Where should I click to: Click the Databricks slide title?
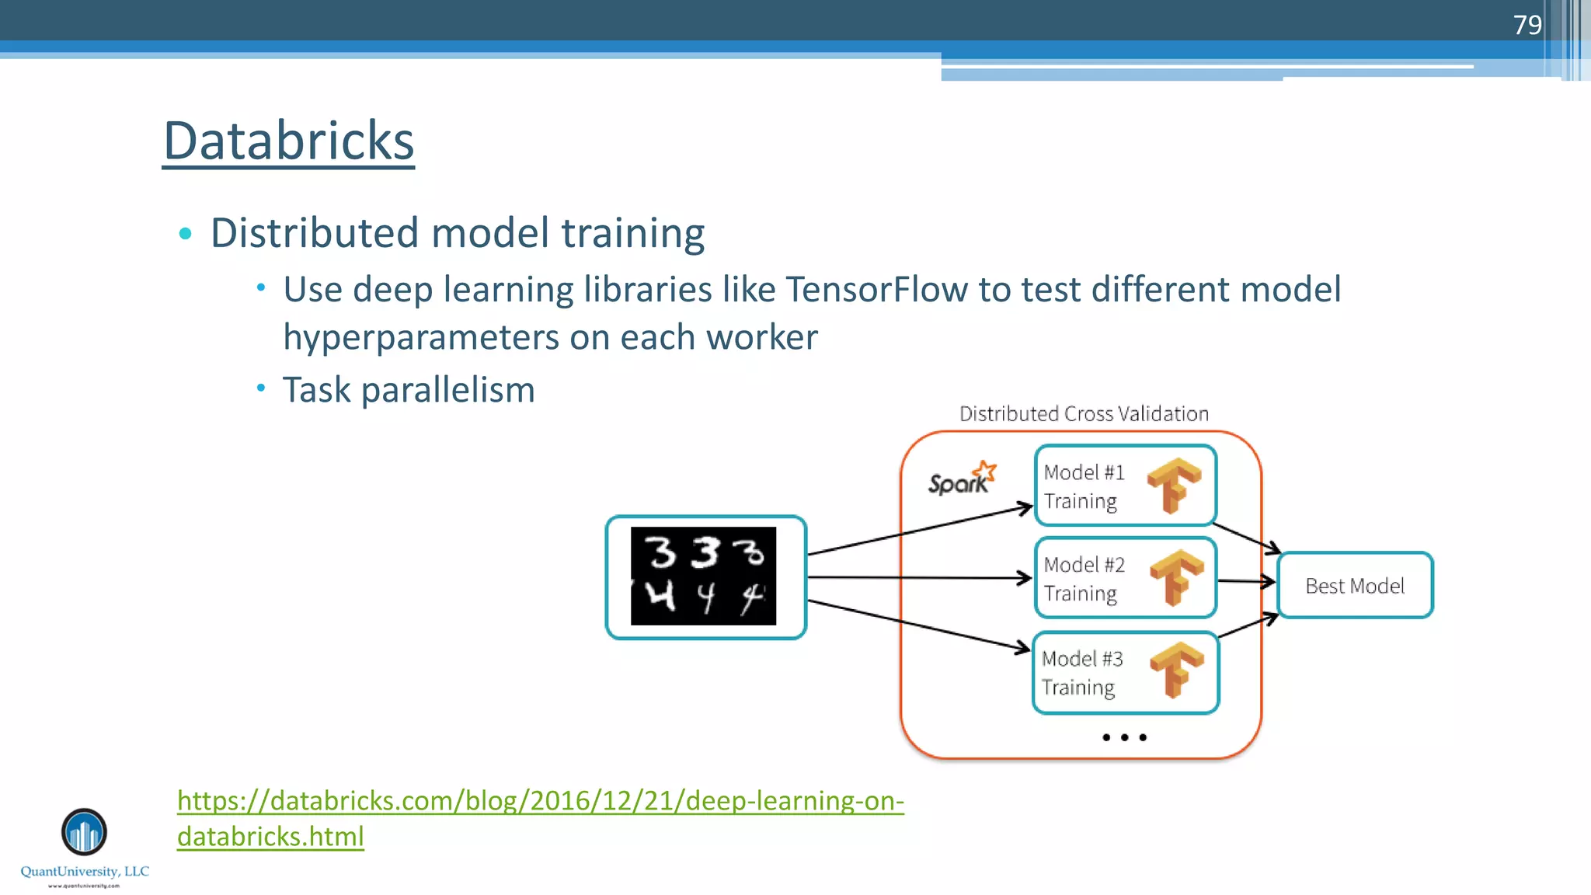tap(288, 141)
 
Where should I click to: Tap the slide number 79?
tap(1527, 25)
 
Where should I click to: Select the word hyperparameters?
tap(421, 338)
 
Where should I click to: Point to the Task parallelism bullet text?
tap(409, 390)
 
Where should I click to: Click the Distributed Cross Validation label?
tap(1084, 414)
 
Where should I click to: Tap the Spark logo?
tap(962, 479)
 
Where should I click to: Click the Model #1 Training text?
tap(1084, 486)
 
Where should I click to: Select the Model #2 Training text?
tap(1084, 579)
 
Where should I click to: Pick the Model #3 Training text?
tap(1081, 673)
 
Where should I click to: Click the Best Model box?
tap(1355, 586)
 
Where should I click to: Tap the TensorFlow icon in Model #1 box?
tap(1174, 485)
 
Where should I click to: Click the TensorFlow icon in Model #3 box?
tap(1176, 669)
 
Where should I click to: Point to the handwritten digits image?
tap(704, 576)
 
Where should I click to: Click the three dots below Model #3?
tap(1124, 737)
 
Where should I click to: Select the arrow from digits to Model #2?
tap(917, 577)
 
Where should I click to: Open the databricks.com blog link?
tap(540, 801)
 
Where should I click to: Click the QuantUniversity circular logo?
tap(84, 832)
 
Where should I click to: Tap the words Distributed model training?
tap(458, 233)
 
